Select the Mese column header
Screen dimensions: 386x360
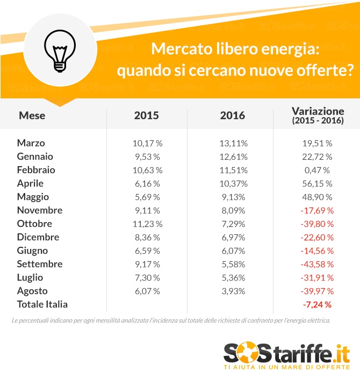tap(32, 115)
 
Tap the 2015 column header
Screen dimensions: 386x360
tap(147, 115)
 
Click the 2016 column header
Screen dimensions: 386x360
tap(232, 115)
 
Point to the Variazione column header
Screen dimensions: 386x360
tap(318, 115)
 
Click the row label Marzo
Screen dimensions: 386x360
tap(31, 143)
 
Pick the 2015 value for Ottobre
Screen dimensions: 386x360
tap(147, 224)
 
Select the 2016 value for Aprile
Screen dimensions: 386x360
tap(232, 183)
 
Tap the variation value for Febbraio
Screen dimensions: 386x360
tap(317, 170)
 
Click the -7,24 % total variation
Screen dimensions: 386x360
tap(317, 305)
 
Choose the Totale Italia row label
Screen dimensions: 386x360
tap(42, 304)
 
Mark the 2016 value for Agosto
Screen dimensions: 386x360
tap(232, 291)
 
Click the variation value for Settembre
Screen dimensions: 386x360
tap(317, 264)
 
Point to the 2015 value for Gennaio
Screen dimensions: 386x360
tap(147, 156)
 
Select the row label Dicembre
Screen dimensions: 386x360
tap(38, 237)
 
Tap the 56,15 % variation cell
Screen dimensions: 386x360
tap(317, 183)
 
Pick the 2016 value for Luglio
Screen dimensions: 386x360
tap(232, 277)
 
